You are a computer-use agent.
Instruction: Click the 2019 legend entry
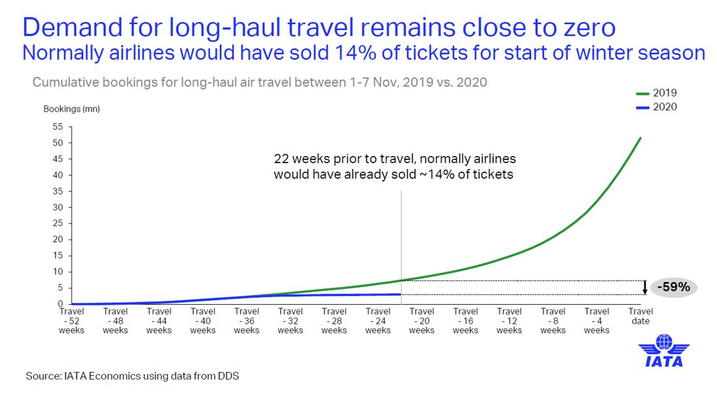point(656,93)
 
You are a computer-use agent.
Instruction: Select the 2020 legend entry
point(656,107)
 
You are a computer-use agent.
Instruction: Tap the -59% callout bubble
point(673,287)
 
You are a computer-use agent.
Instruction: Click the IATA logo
point(664,350)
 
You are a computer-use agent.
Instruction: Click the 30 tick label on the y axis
point(57,207)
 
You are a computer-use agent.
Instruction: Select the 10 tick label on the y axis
point(57,271)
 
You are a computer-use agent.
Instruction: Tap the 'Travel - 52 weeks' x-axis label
point(71,320)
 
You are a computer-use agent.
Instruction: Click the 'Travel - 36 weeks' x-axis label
point(247,320)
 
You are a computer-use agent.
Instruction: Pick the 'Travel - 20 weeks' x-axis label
point(421,320)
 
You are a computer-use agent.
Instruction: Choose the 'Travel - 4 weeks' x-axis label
point(597,320)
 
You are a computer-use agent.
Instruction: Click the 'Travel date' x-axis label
point(641,316)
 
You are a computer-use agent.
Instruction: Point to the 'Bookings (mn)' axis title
point(72,109)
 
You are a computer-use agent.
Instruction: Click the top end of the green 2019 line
point(640,138)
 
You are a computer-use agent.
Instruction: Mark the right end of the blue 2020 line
point(401,294)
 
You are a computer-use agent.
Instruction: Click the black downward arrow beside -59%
point(645,287)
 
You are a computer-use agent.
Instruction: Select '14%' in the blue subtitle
point(356,53)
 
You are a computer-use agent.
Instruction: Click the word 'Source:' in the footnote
point(44,376)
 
